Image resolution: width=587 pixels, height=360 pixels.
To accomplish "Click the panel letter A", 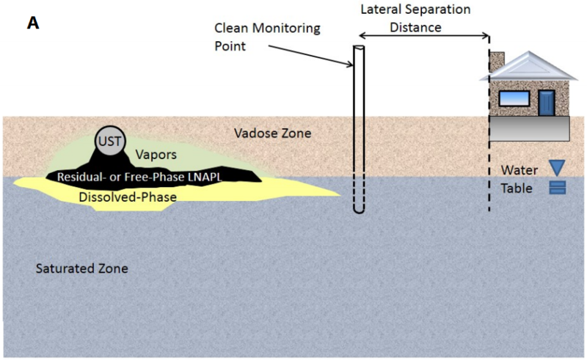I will point(33,23).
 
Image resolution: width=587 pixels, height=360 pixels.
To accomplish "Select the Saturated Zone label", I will point(82,268).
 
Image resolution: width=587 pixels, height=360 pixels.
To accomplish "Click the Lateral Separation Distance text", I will point(404,19).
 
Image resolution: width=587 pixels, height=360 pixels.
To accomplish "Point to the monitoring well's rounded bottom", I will point(359,210).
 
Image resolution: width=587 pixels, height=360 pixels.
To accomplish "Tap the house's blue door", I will point(547,102).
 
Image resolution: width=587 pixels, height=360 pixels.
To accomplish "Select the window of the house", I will point(514,98).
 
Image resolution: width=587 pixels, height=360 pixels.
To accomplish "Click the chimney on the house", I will point(497,59).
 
